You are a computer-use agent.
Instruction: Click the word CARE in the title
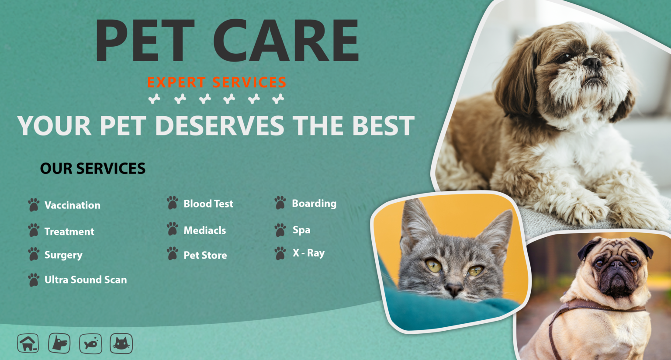pos(286,40)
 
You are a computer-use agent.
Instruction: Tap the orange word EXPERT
pos(176,83)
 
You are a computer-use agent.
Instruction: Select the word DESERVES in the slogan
pos(220,125)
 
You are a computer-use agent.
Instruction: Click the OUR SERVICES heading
pos(93,168)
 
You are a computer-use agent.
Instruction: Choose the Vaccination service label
pos(73,205)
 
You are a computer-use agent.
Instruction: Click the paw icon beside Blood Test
pos(173,203)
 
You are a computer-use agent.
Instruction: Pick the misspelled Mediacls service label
pos(205,230)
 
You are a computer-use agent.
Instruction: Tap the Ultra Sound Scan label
pos(86,280)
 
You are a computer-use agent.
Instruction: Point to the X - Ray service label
pos(308,253)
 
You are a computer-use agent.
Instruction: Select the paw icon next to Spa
pos(280,230)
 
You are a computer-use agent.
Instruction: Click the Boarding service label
pos(314,204)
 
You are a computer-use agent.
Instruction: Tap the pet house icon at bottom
pos(28,343)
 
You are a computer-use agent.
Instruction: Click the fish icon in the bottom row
pos(91,343)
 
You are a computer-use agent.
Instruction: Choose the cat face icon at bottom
pos(121,343)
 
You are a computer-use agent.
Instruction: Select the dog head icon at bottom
pos(59,343)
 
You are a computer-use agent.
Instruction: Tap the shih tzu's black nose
pos(592,62)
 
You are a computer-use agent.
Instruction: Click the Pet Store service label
pos(205,255)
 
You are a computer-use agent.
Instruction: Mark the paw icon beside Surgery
pos(34,254)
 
